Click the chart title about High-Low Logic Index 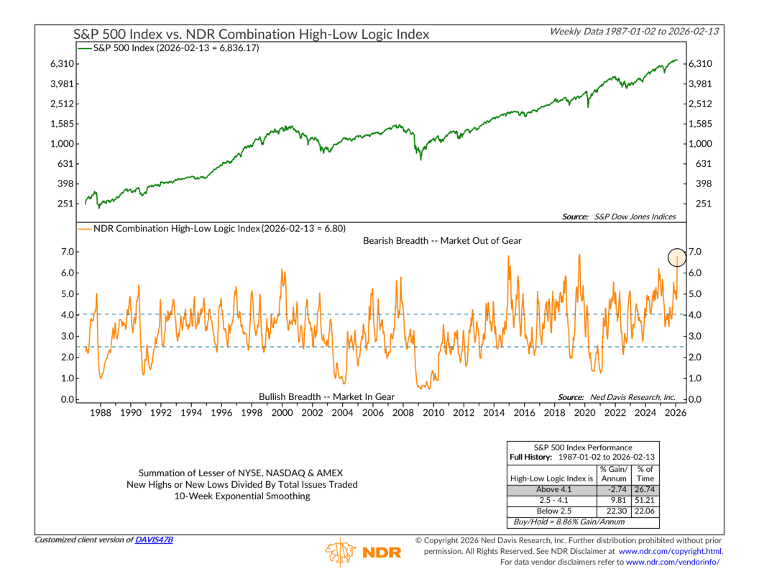click(x=252, y=34)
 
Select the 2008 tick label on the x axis click(x=402, y=413)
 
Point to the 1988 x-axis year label click(x=100, y=413)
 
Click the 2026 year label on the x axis click(x=676, y=413)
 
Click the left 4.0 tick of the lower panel click(x=65, y=315)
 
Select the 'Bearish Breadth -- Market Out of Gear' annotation click(x=443, y=241)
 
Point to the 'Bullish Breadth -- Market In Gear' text click(x=326, y=396)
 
